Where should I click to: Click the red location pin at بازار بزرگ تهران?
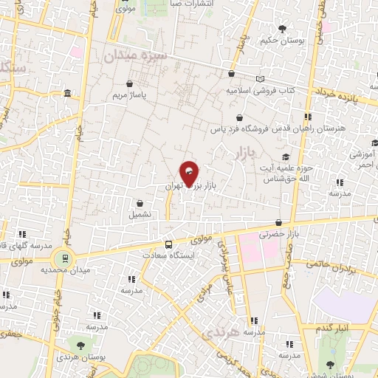click(190, 174)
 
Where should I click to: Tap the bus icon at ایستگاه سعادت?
click(170, 244)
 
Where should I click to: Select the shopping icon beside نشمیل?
click(140, 203)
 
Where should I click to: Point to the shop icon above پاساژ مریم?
click(130, 85)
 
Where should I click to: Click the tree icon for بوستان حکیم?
click(283, 28)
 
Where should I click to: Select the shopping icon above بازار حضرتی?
click(278, 222)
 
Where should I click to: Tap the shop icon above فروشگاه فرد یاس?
click(238, 117)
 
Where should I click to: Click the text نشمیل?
click(140, 215)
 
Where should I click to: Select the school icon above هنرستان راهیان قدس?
click(308, 116)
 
